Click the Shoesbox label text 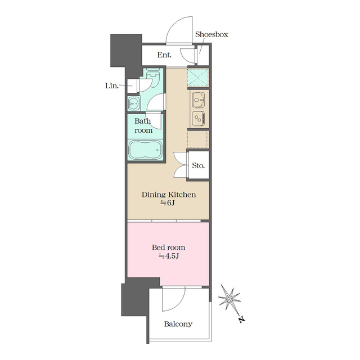(x=211, y=34)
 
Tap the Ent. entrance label (x=164, y=55)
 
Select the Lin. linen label (x=112, y=85)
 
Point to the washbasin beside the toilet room (x=133, y=103)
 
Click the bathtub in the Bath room (x=145, y=150)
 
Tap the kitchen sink (x=198, y=100)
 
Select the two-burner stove (x=199, y=119)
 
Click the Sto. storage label (x=199, y=165)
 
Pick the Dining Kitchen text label (x=169, y=195)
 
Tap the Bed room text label (x=169, y=247)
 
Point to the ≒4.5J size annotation (x=169, y=256)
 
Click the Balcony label (x=178, y=324)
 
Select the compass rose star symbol (x=229, y=299)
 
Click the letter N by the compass (x=241, y=319)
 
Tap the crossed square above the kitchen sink (x=198, y=78)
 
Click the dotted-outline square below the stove (x=198, y=139)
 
